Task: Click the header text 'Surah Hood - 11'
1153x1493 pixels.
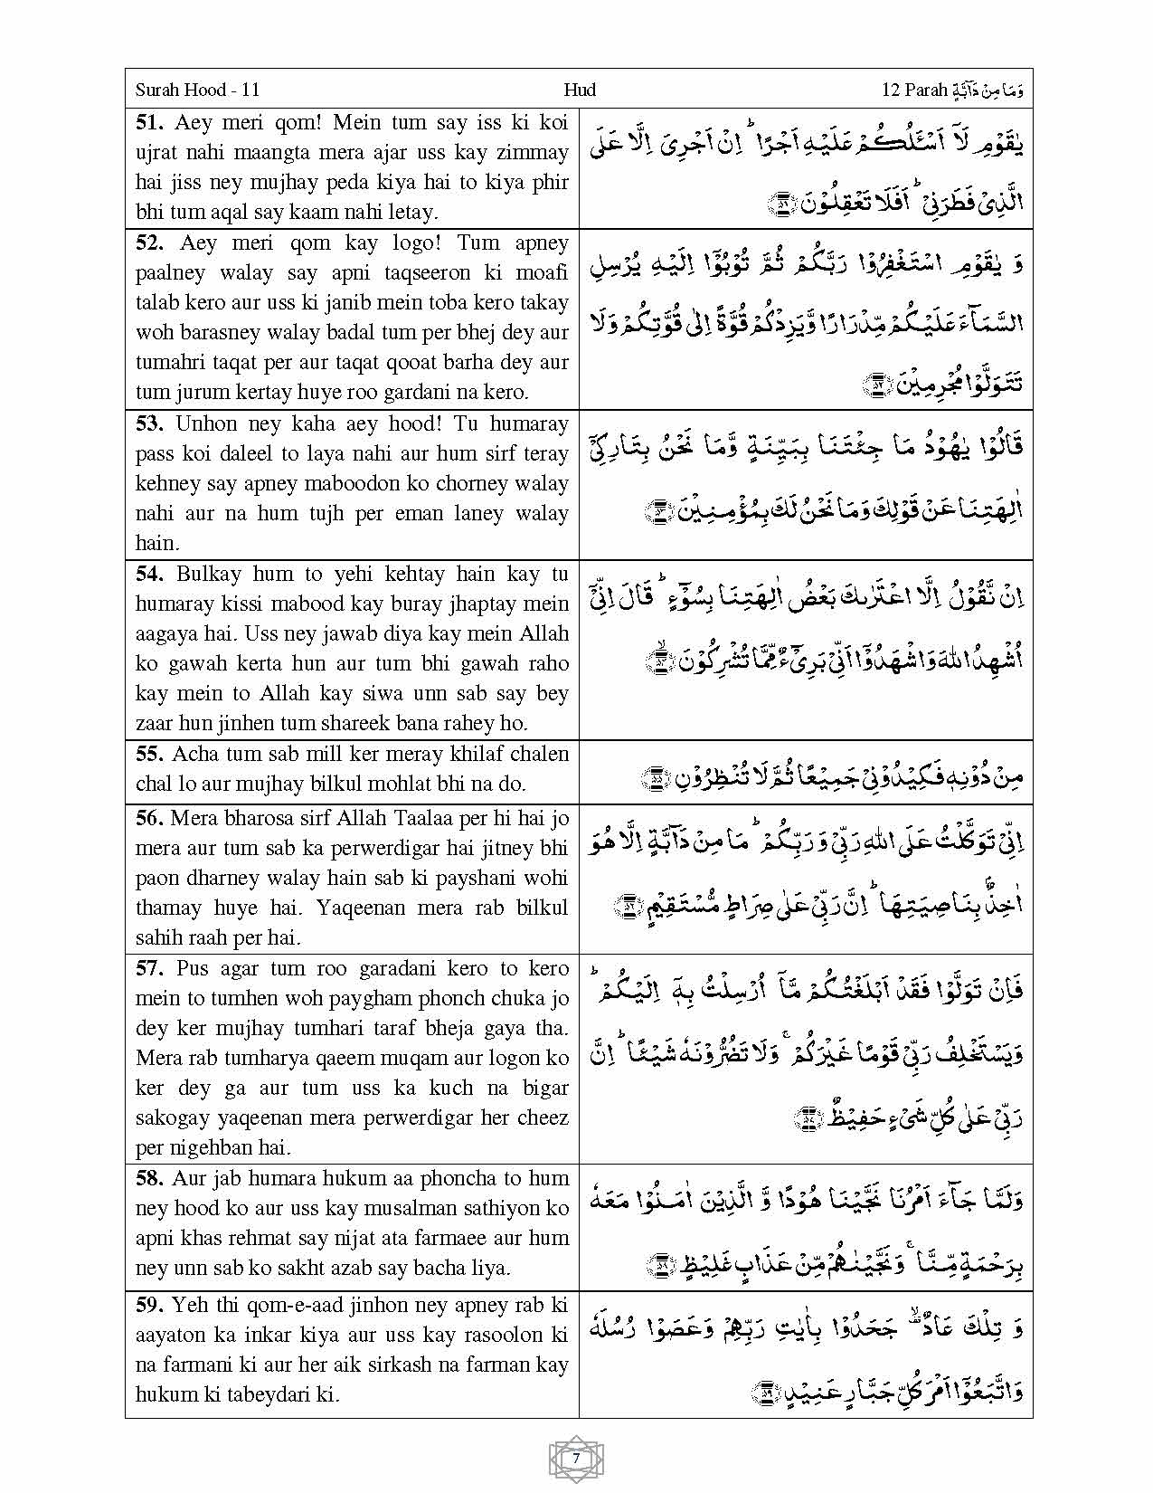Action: (x=197, y=90)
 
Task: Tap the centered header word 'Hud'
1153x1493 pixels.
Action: (x=579, y=90)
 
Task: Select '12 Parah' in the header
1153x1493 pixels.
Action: (x=913, y=90)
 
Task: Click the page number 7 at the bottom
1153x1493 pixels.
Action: (x=576, y=1459)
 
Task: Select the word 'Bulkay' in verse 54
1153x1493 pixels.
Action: (x=209, y=574)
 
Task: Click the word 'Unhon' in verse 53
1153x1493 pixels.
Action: (x=205, y=423)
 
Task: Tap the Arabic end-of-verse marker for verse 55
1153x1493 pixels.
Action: (x=652, y=777)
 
